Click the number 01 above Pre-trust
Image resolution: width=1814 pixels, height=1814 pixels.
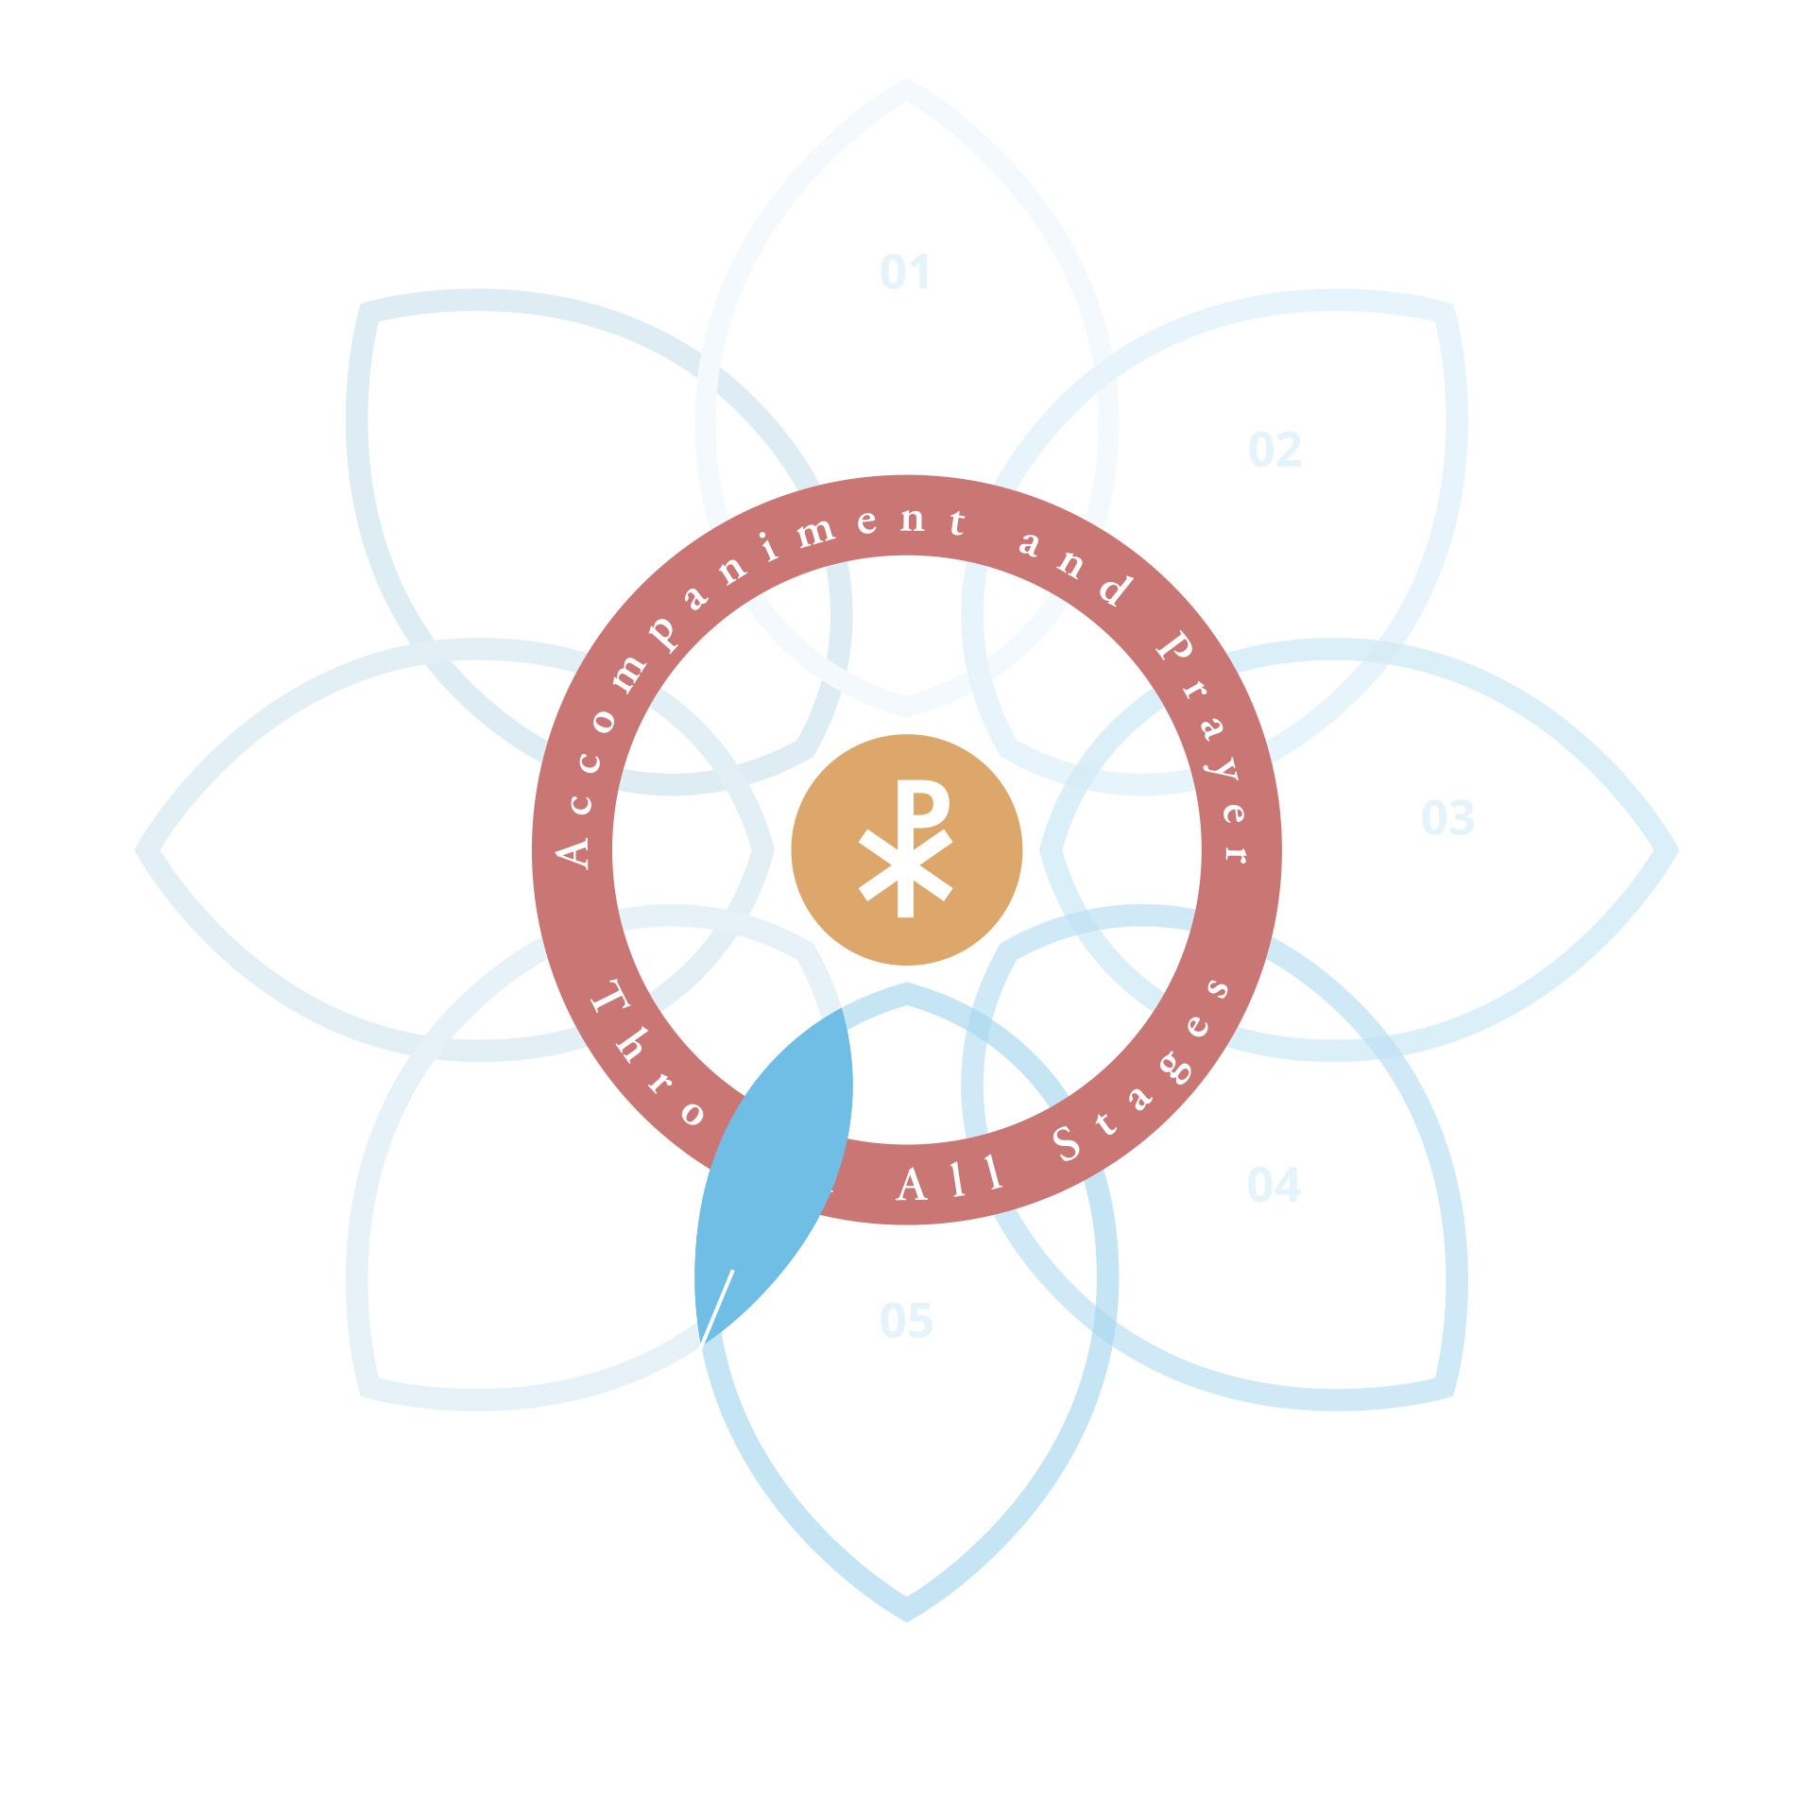pos(905,273)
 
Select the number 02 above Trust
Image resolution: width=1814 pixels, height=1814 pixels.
pos(1275,450)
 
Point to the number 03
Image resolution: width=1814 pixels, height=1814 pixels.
pos(1446,818)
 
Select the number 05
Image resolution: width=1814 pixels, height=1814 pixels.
pos(906,1321)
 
